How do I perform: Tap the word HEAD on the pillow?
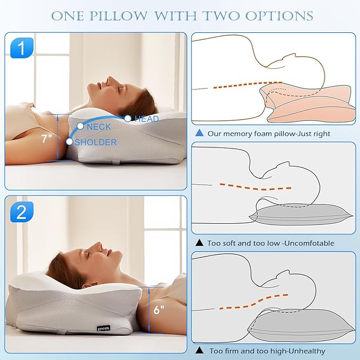click(x=147, y=119)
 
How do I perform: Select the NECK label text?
click(x=99, y=127)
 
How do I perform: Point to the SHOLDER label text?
click(x=96, y=142)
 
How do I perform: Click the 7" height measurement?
click(x=47, y=139)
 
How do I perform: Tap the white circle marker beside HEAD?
click(x=128, y=119)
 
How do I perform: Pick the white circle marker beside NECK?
click(x=80, y=126)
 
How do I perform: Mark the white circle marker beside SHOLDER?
click(x=69, y=142)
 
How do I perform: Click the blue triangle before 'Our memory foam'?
click(x=199, y=134)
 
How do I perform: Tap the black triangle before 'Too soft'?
click(x=199, y=243)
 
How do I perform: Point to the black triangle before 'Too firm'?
click(x=199, y=350)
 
